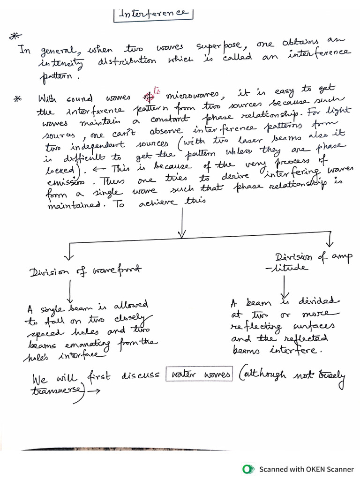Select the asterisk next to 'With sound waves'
[18, 98]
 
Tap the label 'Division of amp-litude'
[312, 262]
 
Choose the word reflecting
[256, 326]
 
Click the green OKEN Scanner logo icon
[247, 469]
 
